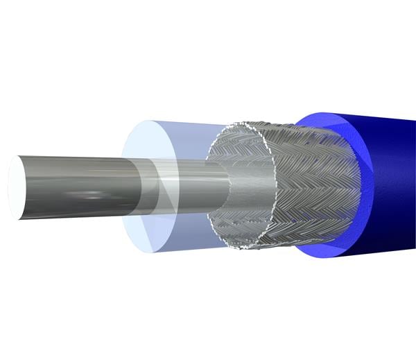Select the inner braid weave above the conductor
click(236, 149)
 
